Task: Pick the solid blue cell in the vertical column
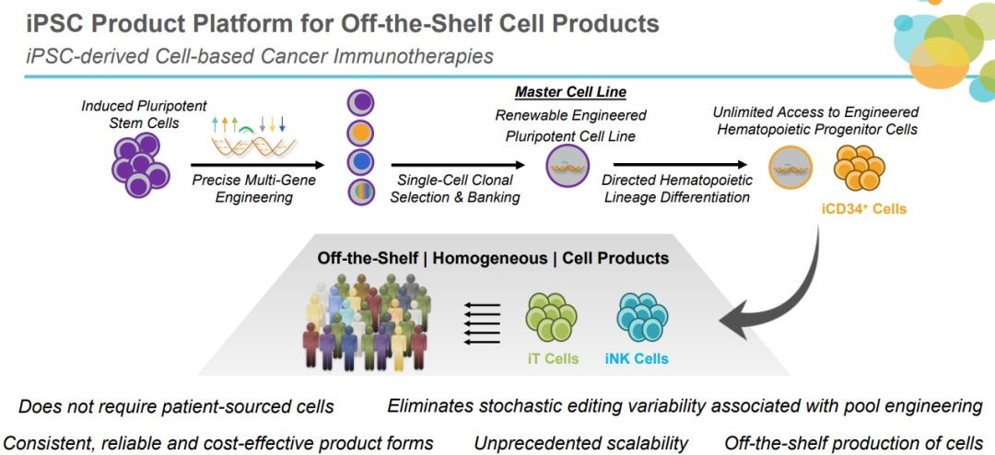click(360, 162)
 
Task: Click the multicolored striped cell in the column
click(360, 193)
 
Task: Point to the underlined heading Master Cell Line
click(570, 92)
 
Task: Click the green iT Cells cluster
click(551, 318)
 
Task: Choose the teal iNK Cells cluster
click(642, 318)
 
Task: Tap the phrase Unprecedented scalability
click(580, 443)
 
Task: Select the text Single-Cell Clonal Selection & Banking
click(458, 189)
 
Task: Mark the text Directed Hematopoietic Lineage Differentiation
click(676, 189)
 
